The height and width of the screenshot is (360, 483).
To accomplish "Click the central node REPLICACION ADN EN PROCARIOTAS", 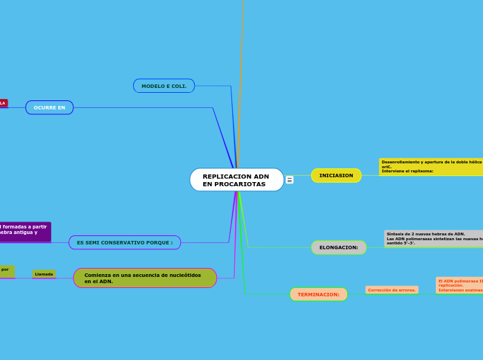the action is pyautogui.click(x=236, y=180).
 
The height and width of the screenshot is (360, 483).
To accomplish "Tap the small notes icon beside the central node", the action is pyautogui.click(x=290, y=180).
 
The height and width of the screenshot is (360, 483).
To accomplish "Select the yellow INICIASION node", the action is pyautogui.click(x=336, y=176).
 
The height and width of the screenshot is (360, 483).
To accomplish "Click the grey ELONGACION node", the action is pyautogui.click(x=339, y=248).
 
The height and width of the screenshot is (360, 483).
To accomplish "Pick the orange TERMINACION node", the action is pyautogui.click(x=319, y=294).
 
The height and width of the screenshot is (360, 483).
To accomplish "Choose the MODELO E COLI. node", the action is pyautogui.click(x=164, y=86).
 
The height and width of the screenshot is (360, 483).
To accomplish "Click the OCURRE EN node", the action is pyautogui.click(x=49, y=107).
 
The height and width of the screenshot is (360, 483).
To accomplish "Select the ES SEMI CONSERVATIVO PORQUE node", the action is pyautogui.click(x=125, y=242).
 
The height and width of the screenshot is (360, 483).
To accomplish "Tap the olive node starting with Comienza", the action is pyautogui.click(x=145, y=278).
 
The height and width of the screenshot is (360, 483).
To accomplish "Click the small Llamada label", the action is pyautogui.click(x=44, y=274).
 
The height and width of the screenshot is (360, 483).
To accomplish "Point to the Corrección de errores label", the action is pyautogui.click(x=392, y=290).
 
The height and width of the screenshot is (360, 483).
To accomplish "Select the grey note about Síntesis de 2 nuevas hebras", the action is pyautogui.click(x=434, y=239).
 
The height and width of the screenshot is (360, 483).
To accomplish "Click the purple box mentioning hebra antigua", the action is pyautogui.click(x=25, y=231).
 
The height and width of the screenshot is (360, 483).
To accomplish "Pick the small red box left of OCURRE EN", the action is pyautogui.click(x=3, y=103).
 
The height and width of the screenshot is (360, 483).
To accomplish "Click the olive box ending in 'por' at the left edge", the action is pyautogui.click(x=6, y=271).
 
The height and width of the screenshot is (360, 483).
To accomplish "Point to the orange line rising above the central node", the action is pyautogui.click(x=241, y=69).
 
